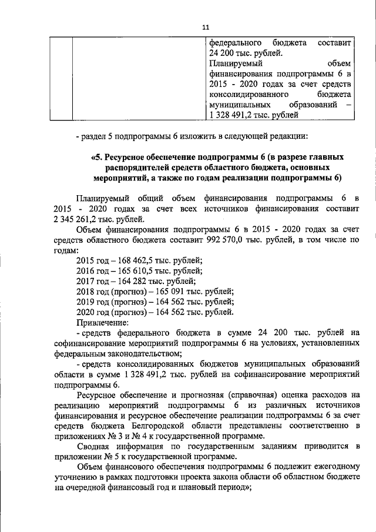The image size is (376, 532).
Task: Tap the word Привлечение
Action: pos(102,322)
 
